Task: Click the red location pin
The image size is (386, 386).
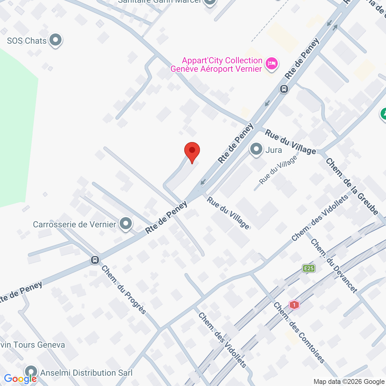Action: click(192, 151)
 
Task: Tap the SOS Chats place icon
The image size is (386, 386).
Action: click(55, 40)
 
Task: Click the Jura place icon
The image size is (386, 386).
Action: click(256, 149)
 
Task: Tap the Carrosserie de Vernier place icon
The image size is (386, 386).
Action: click(126, 224)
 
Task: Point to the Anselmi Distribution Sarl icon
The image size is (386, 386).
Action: click(31, 372)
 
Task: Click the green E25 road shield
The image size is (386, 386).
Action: click(309, 268)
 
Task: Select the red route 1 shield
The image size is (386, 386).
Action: click(294, 305)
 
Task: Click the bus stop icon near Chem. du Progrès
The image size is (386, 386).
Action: click(95, 260)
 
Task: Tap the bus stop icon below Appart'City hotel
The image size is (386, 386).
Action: click(284, 89)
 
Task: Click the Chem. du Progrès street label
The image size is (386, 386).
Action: click(124, 289)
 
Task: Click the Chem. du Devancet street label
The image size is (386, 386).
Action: click(334, 265)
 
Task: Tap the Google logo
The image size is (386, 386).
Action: click(20, 379)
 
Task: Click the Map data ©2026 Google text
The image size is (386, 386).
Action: click(349, 382)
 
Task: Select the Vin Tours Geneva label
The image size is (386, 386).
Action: click(33, 345)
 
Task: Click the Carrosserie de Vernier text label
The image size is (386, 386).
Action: click(74, 224)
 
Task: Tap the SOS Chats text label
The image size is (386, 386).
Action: click(27, 41)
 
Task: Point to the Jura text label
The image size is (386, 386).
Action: click(274, 150)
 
